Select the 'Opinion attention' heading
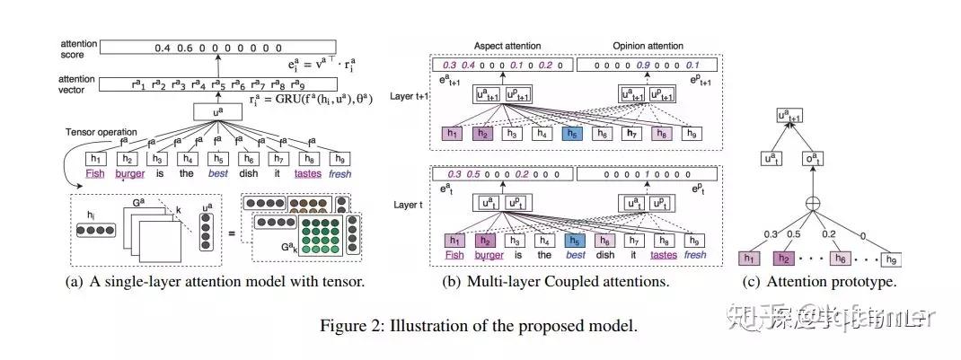click(647, 46)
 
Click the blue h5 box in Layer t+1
click(572, 133)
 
